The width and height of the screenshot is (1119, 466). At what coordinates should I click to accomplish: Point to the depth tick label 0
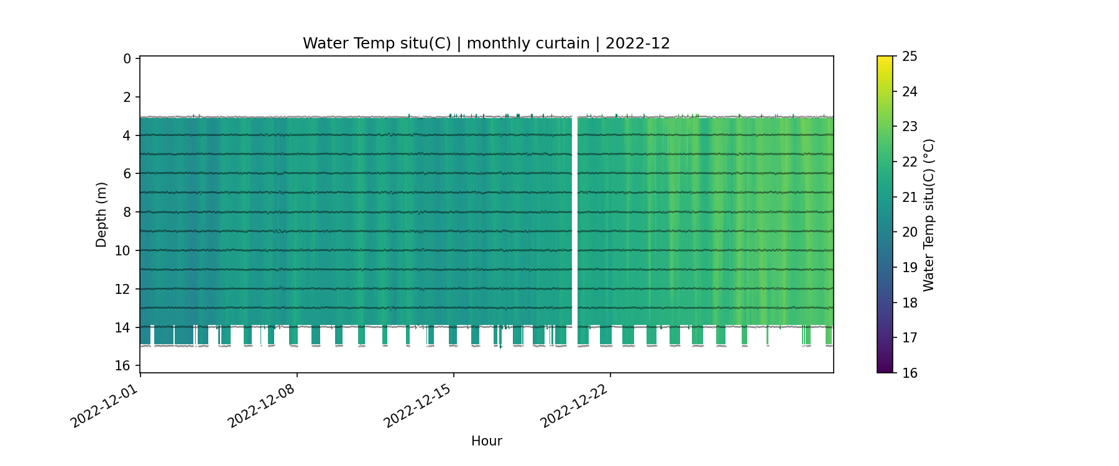tap(127, 59)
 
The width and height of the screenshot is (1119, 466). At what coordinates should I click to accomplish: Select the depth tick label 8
tap(127, 212)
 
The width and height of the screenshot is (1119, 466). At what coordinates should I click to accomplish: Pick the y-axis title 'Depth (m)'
tap(101, 214)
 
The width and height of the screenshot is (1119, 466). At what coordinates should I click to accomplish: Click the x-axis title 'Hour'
tap(486, 441)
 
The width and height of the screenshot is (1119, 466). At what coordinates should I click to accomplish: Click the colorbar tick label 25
tap(909, 57)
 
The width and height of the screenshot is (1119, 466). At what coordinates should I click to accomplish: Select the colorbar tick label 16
tap(909, 373)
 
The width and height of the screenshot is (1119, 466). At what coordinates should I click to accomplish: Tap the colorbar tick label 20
tap(909, 232)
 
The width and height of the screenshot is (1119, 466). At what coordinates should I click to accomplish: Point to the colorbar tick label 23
tap(909, 127)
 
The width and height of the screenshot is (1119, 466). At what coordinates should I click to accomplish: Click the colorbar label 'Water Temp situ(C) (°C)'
tap(929, 214)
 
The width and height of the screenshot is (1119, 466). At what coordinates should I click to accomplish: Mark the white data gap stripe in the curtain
tap(574, 221)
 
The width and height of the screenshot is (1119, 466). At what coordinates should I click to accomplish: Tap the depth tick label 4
tap(127, 135)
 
